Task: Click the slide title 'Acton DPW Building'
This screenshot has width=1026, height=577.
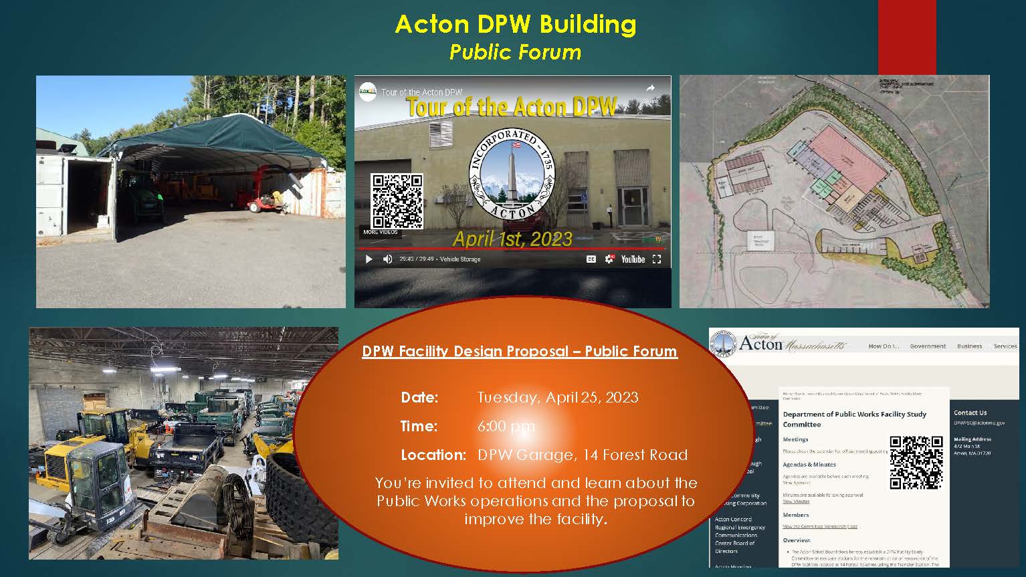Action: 515,25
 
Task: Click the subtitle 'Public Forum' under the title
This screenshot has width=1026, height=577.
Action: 515,52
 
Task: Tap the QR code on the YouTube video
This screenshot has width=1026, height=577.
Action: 397,201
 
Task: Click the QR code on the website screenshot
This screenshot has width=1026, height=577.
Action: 916,462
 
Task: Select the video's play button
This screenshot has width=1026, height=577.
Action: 369,259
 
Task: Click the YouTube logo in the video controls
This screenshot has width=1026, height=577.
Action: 632,259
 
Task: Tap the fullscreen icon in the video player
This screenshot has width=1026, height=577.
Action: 657,259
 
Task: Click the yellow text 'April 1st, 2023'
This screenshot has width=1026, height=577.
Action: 512,239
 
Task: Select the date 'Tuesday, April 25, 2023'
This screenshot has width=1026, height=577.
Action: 558,397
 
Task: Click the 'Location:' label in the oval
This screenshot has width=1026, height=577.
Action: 433,455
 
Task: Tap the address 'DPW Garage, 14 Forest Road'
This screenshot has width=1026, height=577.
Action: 582,455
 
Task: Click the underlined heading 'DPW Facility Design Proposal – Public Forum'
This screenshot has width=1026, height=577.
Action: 520,351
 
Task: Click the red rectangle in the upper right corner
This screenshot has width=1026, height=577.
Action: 906,37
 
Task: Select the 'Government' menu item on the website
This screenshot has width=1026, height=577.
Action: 928,346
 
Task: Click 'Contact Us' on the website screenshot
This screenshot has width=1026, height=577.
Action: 970,413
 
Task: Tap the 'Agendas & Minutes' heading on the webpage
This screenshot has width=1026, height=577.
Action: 809,464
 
